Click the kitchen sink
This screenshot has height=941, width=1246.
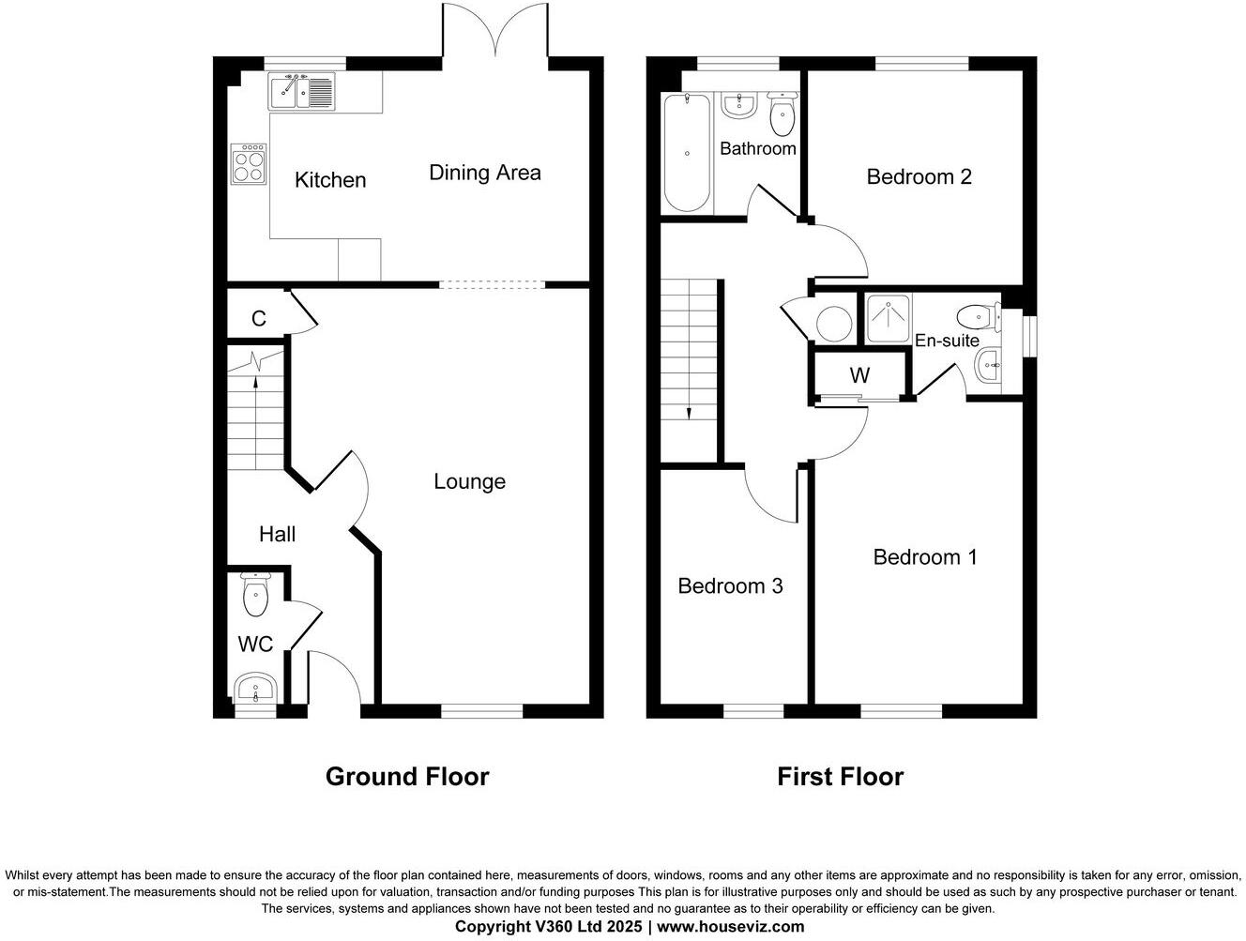click(x=301, y=92)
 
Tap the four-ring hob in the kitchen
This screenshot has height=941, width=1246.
click(x=249, y=164)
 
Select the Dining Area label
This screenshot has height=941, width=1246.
click(x=484, y=173)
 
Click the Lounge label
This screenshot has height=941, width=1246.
click(x=469, y=481)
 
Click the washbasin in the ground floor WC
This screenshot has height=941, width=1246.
click(x=254, y=690)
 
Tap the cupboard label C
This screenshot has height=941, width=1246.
click(x=258, y=319)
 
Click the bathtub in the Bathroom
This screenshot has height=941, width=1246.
click(x=687, y=153)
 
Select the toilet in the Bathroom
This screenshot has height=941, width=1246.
click(x=782, y=114)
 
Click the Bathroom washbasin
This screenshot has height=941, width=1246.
click(x=738, y=104)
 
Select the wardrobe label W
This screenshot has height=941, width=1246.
click(x=859, y=376)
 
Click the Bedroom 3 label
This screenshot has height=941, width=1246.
click(x=730, y=586)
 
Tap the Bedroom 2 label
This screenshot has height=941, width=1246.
click(x=919, y=176)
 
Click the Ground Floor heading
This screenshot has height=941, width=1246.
click(x=407, y=777)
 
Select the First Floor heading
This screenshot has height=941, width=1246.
click(x=840, y=777)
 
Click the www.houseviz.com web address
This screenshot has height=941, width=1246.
click(x=730, y=927)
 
